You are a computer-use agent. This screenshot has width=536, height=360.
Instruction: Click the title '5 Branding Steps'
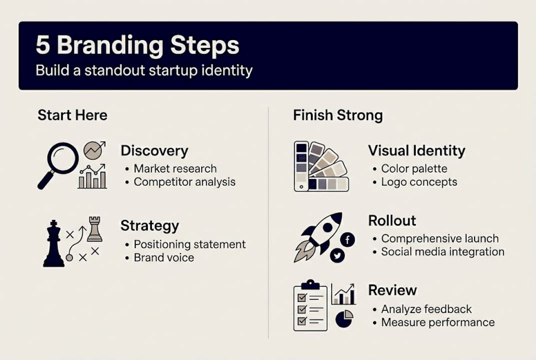[137, 45]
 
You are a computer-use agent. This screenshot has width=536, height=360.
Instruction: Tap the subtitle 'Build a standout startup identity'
[144, 70]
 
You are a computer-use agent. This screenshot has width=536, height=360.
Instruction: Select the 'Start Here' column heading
[72, 115]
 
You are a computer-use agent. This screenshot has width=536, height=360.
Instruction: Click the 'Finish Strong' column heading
[338, 115]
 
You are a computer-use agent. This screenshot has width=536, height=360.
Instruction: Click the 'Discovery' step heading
[154, 150]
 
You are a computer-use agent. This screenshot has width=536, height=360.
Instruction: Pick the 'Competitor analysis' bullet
[184, 182]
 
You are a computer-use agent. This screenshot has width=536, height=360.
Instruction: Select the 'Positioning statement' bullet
[189, 244]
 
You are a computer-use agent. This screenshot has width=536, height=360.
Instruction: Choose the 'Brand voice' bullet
[163, 258]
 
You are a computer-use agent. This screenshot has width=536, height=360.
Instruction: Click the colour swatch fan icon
[320, 166]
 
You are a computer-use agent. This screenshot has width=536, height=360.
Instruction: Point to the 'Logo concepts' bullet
[419, 182]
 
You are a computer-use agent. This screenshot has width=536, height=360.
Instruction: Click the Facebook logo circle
[347, 239]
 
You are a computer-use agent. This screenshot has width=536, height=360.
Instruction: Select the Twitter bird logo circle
[338, 255]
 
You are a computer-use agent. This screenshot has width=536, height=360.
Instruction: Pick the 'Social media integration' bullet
[442, 252]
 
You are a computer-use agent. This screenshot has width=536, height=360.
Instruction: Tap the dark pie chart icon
[344, 318]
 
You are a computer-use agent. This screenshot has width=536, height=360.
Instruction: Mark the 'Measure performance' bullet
[438, 322]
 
